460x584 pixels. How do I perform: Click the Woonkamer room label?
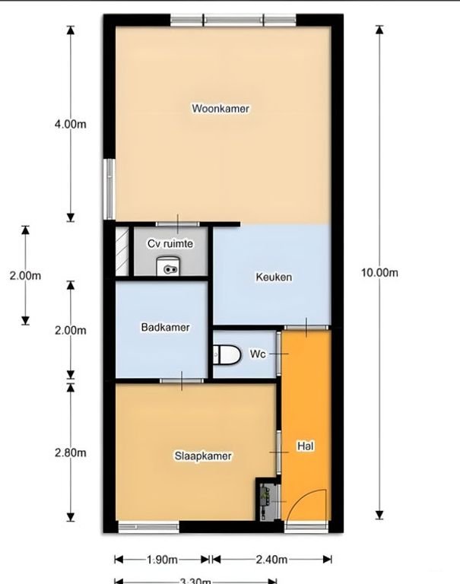[220, 109]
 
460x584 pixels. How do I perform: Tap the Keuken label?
[273, 277]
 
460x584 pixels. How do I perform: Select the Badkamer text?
[165, 328]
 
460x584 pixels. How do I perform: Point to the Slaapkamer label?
[203, 455]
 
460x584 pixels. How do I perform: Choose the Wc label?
[257, 354]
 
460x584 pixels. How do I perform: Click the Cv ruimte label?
[170, 244]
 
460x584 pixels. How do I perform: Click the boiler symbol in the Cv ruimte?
[168, 265]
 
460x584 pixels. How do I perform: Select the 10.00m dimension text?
[379, 272]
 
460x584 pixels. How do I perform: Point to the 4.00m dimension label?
[70, 124]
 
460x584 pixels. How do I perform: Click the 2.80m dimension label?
[70, 452]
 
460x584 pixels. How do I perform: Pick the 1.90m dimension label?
[162, 560]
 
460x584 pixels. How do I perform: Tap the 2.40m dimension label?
[271, 560]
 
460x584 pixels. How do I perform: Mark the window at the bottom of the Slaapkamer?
[148, 525]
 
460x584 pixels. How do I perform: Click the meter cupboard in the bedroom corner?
[266, 500]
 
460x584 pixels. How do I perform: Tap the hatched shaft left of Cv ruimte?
[121, 252]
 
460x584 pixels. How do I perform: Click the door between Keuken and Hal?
[306, 327]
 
